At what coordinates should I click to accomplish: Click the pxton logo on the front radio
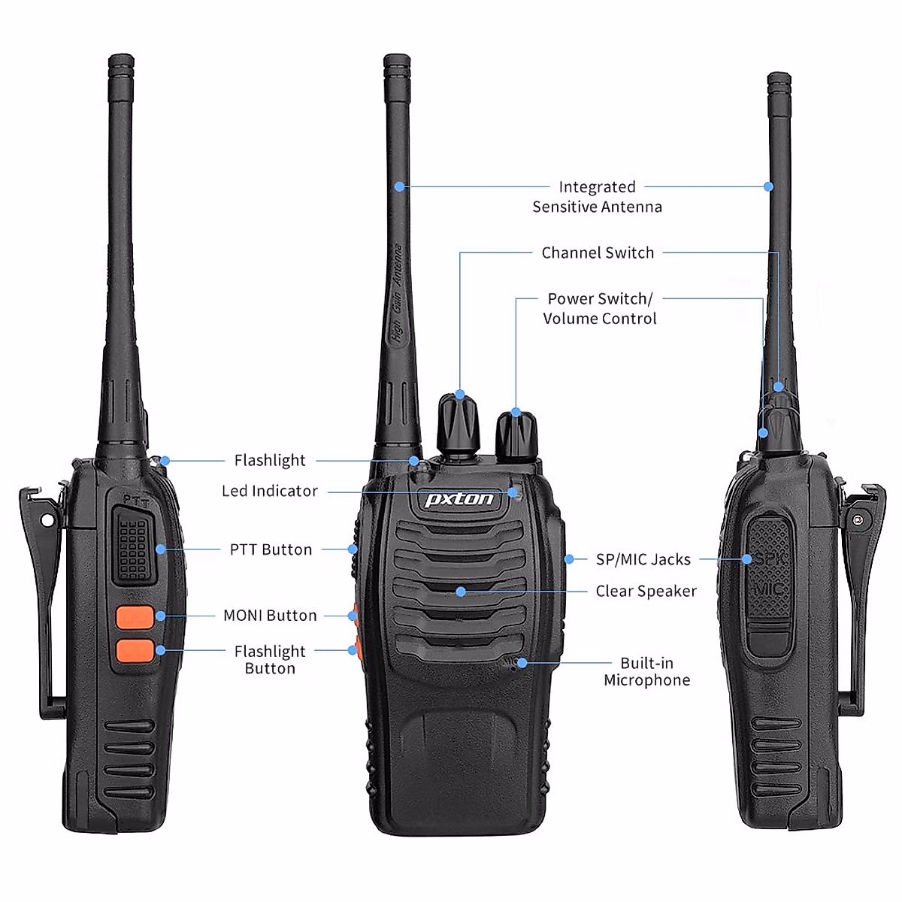[x=459, y=499]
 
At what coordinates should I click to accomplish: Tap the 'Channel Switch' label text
[x=598, y=253]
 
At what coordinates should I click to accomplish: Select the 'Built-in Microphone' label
[x=646, y=671]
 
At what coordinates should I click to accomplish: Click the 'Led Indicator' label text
[x=270, y=491]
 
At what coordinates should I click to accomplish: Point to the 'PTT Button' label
[x=271, y=549]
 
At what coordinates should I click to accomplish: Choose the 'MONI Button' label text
[x=270, y=616]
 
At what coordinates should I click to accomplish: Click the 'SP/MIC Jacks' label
[x=643, y=559]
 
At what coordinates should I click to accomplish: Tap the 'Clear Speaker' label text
[x=646, y=591]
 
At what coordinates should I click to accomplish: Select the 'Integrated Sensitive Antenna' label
[x=597, y=196]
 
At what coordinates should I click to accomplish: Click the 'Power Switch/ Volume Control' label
[x=600, y=308]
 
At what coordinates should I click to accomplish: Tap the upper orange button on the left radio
[x=135, y=617]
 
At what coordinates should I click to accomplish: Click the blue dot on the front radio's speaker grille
[x=461, y=592]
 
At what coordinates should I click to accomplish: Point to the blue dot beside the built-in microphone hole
[x=522, y=663]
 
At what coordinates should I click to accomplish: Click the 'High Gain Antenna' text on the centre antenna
[x=398, y=293]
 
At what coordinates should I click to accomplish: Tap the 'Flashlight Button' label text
[x=270, y=659]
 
